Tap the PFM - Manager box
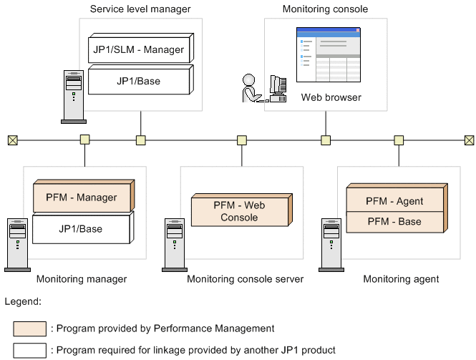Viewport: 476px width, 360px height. [82, 197]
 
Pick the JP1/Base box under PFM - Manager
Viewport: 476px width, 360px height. [82, 229]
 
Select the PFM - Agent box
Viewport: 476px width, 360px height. [394, 201]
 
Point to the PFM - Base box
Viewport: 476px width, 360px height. [394, 222]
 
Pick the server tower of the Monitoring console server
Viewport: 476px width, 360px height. [174, 243]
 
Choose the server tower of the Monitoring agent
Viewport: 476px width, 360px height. [331, 243]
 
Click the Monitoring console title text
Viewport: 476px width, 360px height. [326, 9]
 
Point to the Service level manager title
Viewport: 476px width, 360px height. [141, 9]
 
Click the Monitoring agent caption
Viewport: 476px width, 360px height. [401, 278]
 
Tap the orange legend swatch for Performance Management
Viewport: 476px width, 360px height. [29, 329]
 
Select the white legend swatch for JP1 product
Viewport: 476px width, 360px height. [29, 350]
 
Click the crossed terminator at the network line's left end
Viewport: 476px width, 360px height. [12, 140]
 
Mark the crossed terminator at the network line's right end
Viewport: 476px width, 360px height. [469, 140]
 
